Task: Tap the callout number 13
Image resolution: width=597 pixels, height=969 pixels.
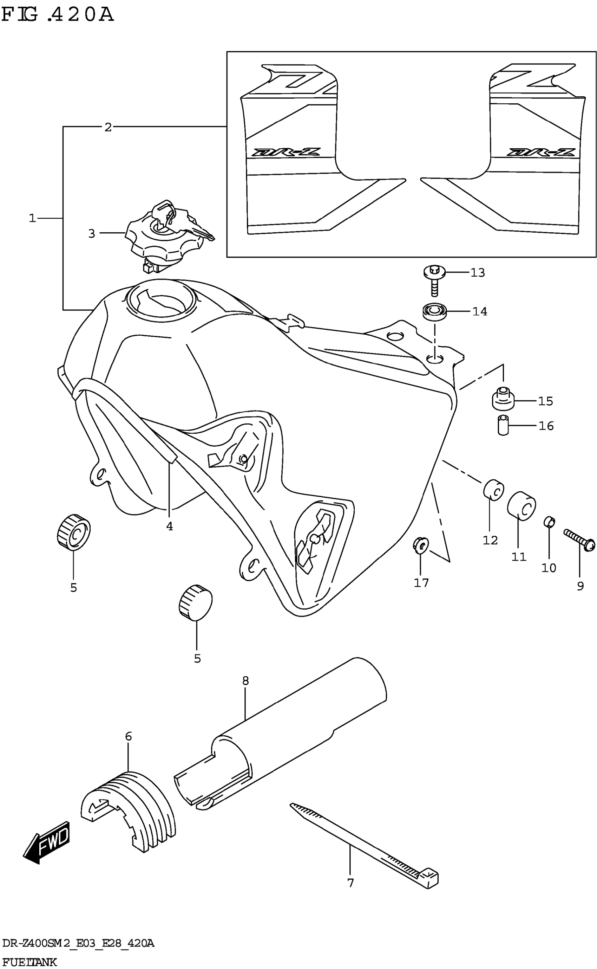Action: pos(477,273)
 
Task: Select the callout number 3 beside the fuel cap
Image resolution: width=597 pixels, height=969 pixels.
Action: pos(92,234)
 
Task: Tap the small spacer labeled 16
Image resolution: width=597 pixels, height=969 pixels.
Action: pos(503,425)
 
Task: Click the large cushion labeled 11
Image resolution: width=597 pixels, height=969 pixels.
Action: pos(521,506)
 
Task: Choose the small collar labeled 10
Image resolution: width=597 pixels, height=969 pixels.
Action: pos(549,522)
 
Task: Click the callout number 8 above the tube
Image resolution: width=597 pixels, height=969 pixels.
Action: pos(245,680)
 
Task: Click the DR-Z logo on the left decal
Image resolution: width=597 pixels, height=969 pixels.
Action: pos(286,152)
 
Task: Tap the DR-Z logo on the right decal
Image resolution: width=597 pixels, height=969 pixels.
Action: pos(541,152)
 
